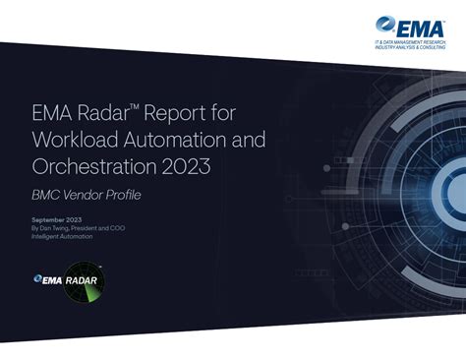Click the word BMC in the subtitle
click(x=46, y=196)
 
